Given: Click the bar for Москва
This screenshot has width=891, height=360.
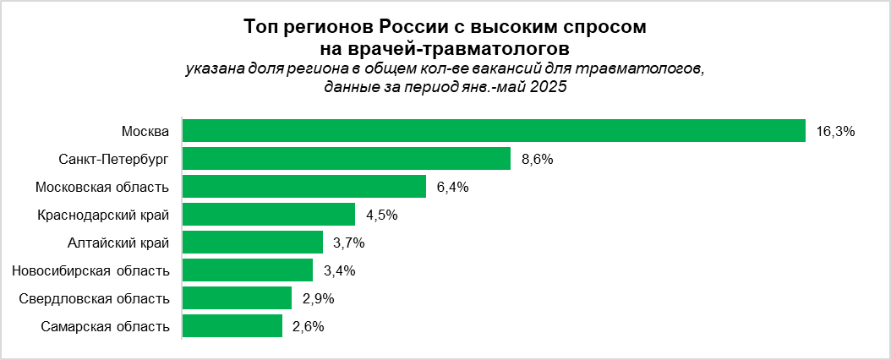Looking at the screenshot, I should point(494,131).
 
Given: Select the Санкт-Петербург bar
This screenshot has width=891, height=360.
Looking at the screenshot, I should point(347,159).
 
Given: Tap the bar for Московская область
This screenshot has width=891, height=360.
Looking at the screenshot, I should point(304,187).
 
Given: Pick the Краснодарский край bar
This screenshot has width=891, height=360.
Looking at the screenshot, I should point(269,215).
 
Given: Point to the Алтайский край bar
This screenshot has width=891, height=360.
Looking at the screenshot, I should point(253,243).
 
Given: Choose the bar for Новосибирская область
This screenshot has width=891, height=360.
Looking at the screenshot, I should point(248,270).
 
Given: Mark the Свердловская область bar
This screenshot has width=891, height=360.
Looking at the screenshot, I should point(237,298).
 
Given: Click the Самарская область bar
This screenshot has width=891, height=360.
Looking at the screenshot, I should point(232,326).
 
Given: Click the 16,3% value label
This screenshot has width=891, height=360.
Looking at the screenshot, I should point(837,131).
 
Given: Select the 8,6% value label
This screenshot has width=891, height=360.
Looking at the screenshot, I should point(538,159).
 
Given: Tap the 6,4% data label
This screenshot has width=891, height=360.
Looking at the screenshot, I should point(452,187).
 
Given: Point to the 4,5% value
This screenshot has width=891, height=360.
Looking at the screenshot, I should point(381,215).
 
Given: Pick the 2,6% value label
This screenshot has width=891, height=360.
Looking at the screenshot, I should point(309,326).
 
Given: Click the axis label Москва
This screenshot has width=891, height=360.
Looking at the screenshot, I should point(145,131).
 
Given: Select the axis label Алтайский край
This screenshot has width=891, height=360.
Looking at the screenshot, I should point(118,243).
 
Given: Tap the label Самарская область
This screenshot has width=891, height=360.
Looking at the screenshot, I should point(105,326).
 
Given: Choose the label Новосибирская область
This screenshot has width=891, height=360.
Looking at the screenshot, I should point(91,270).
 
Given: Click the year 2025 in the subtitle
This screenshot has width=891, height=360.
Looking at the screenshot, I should point(547,86).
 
